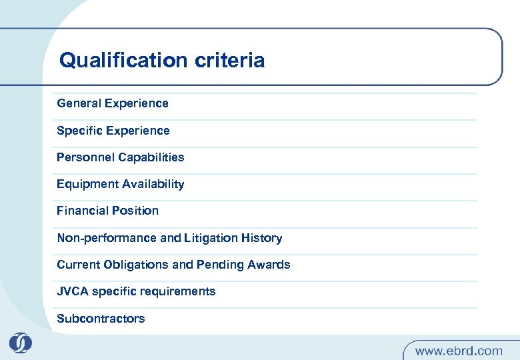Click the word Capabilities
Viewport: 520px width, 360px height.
151,157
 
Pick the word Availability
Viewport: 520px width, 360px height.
152,184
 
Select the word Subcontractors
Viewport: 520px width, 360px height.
101,319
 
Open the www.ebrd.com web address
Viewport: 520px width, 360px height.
459,350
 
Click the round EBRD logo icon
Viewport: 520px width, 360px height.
21,343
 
